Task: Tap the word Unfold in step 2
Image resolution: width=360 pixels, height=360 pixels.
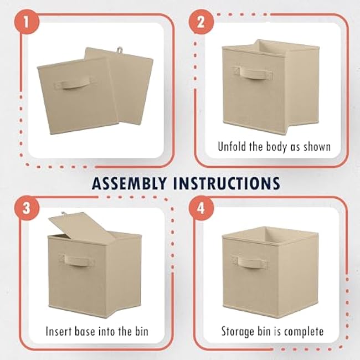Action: [x=233, y=147]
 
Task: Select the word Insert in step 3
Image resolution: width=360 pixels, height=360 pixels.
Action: [x=59, y=332]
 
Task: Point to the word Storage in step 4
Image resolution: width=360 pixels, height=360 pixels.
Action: [x=239, y=332]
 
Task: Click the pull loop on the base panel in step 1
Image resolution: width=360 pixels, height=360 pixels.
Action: [x=119, y=50]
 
